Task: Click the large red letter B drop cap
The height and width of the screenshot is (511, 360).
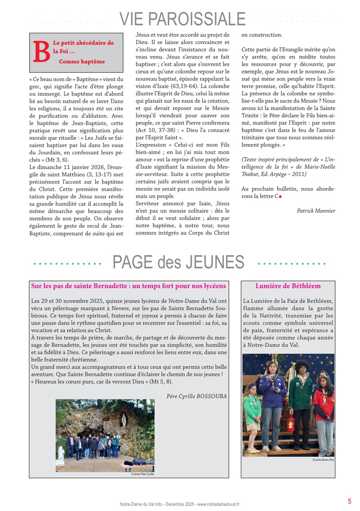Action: pyautogui.click(x=41, y=52)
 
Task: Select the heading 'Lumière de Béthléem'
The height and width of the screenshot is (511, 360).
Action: pyautogui.click(x=288, y=286)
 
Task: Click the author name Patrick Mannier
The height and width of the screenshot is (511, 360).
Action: pyautogui.click(x=316, y=211)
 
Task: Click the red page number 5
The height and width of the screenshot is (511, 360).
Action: pyautogui.click(x=349, y=501)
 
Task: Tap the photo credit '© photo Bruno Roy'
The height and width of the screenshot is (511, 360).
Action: pyautogui.click(x=323, y=459)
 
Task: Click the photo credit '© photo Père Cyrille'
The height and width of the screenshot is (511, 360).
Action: pyautogui.click(x=142, y=474)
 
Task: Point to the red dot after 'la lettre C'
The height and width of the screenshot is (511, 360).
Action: pyautogui.click(x=280, y=196)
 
